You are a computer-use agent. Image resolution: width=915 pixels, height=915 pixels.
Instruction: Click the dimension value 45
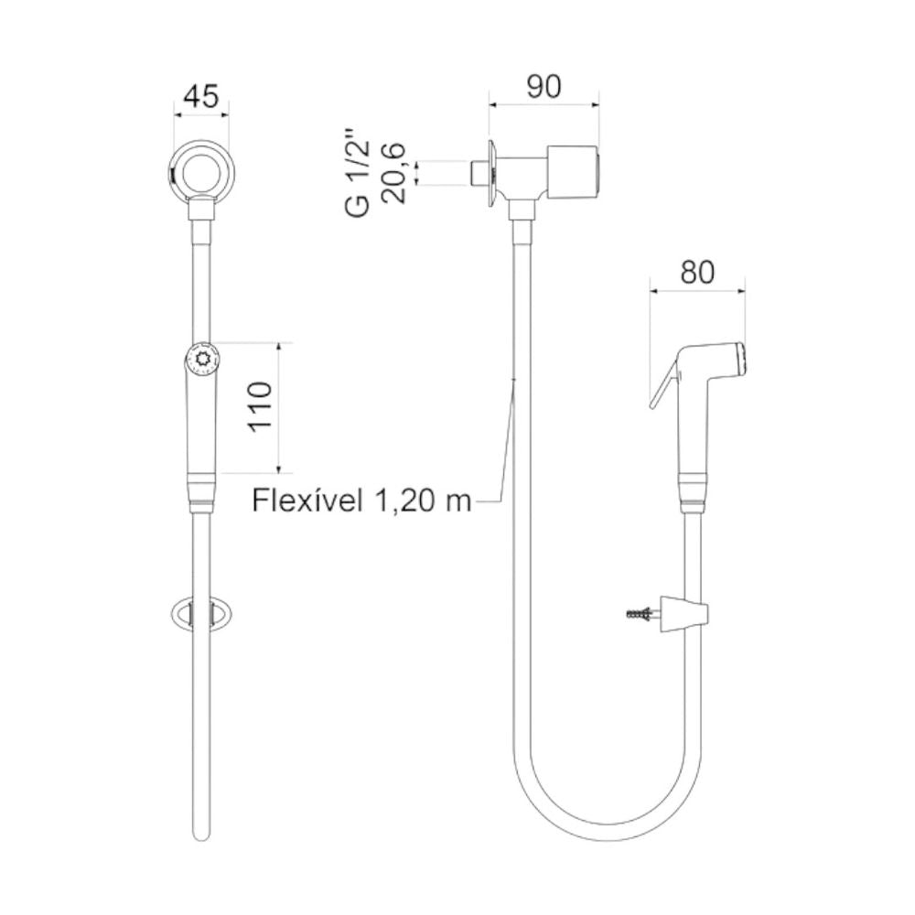tap(201, 96)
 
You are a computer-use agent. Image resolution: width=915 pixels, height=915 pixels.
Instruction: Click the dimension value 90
tap(544, 86)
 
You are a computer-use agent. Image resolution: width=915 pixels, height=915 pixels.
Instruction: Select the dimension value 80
tap(697, 273)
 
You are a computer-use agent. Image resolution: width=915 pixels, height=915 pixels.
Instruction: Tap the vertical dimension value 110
tap(260, 407)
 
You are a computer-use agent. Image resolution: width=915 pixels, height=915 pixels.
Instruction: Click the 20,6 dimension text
tap(393, 173)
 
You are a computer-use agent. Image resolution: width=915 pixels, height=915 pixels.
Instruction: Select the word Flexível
tap(307, 501)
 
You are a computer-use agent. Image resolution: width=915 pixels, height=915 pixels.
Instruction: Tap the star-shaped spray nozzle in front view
tap(202, 358)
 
